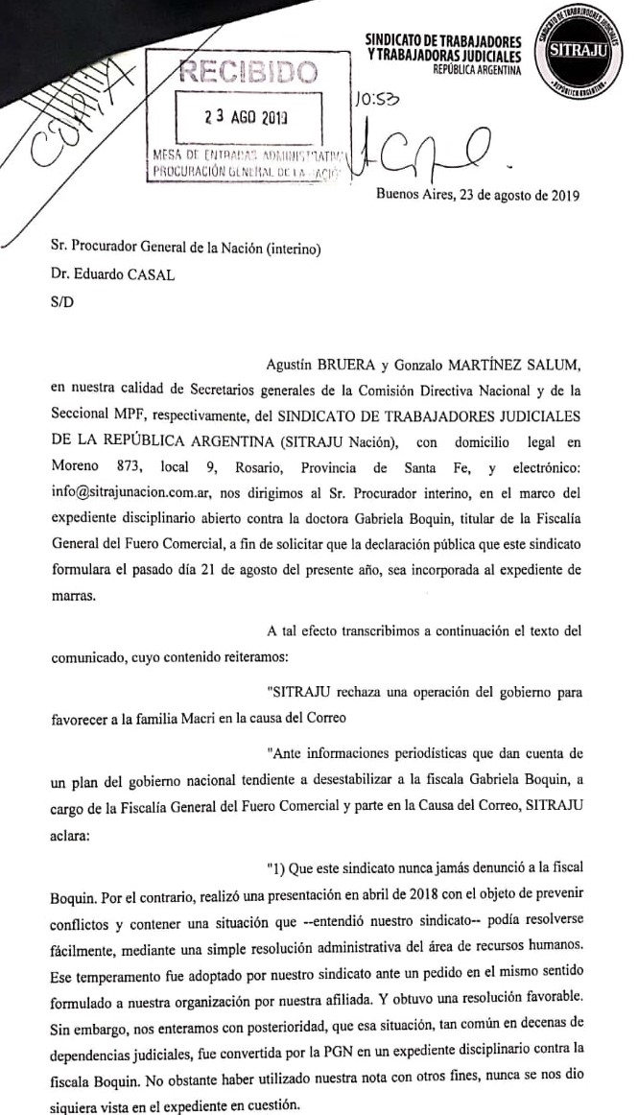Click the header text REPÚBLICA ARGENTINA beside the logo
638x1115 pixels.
click(x=476, y=70)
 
